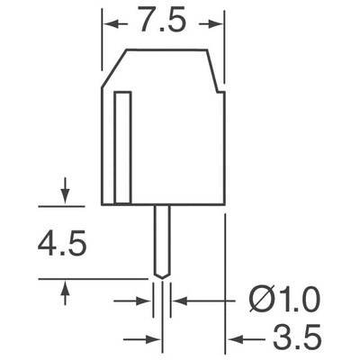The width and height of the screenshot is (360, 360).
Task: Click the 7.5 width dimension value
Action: click(162, 21)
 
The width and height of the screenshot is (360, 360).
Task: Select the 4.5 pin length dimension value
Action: click(61, 244)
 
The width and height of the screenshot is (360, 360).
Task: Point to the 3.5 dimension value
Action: click(294, 339)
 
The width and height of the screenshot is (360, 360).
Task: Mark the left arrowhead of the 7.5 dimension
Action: click(108, 21)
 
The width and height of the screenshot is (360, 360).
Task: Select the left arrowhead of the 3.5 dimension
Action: click(155, 339)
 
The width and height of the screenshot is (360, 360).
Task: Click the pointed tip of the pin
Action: click(162, 273)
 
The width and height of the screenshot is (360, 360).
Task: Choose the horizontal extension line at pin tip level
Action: click(90, 278)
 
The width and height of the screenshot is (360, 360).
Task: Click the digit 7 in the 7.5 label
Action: click(147, 21)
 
